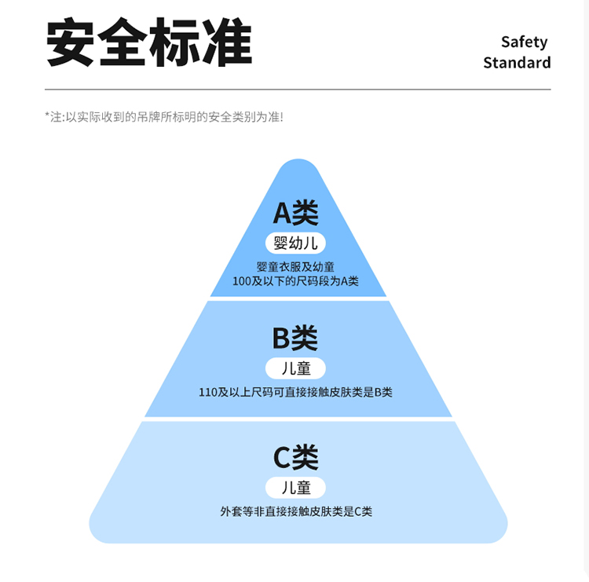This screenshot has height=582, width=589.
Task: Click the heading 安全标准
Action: [x=149, y=42]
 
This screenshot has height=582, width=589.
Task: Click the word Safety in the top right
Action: [x=524, y=42]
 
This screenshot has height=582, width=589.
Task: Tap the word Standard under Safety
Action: [x=517, y=63]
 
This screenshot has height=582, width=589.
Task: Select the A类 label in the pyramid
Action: [x=295, y=212]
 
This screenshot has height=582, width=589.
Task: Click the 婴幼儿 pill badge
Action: [x=297, y=243]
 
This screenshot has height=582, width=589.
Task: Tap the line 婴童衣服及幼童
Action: [x=295, y=267]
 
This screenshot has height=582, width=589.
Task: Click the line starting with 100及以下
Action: [x=295, y=280]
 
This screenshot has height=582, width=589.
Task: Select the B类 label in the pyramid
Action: [x=295, y=338]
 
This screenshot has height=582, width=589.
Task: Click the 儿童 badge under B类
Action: [x=295, y=368]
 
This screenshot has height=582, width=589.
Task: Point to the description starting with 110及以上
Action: [x=295, y=392]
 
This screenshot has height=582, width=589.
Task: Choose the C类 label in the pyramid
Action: [x=295, y=457]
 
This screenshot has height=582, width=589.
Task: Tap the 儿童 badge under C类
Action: [x=296, y=488]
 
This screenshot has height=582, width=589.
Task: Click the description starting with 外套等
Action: [x=296, y=511]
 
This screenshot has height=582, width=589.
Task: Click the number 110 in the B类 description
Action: [x=207, y=392]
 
